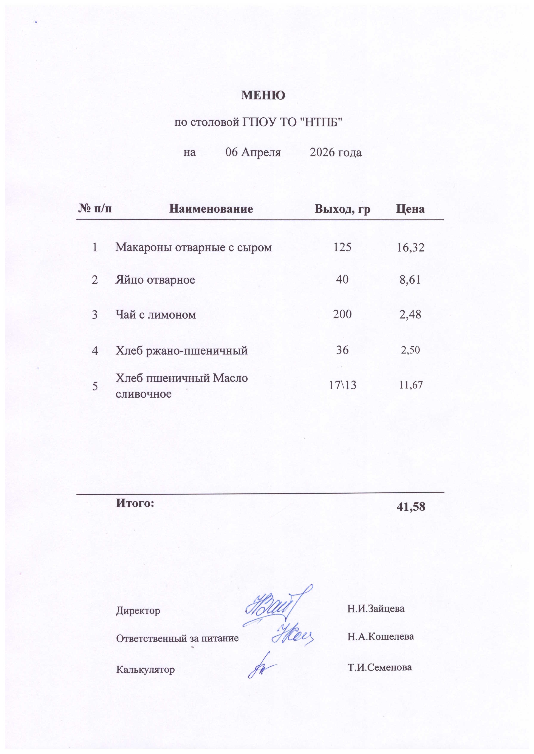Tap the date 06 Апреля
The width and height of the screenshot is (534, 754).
[253, 152]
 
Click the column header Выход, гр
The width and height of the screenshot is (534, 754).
[342, 209]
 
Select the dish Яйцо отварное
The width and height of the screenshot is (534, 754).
[155, 280]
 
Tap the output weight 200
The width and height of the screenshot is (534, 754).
[342, 314]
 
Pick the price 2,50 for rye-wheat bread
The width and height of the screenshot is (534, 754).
[410, 350]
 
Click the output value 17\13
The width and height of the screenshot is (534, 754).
[342, 385]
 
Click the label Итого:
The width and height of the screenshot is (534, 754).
[135, 503]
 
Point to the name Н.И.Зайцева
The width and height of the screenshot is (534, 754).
[376, 608]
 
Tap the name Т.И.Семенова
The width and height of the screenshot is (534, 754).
[379, 667]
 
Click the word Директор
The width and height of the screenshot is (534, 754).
[138, 611]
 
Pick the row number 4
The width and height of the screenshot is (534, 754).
[95, 351]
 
